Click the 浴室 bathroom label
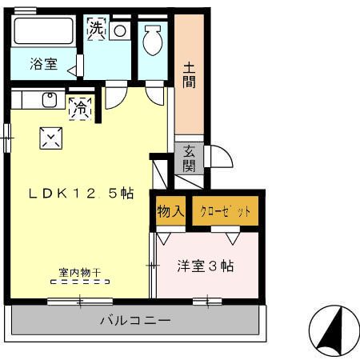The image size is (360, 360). (x=44, y=64)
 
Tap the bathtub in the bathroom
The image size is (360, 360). (x=44, y=31)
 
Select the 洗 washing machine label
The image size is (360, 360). (x=96, y=29)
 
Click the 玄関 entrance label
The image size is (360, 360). (x=189, y=158)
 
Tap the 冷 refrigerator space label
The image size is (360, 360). (x=80, y=109)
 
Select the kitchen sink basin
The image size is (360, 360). (x=49, y=101)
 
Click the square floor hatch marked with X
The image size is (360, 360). (x=50, y=138)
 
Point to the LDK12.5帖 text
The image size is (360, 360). (x=82, y=193)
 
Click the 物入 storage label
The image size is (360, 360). (x=170, y=212)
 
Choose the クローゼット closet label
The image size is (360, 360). (x=226, y=212)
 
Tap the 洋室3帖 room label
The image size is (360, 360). (x=206, y=266)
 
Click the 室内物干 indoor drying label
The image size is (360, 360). (x=79, y=272)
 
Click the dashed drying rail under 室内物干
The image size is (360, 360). (x=79, y=282)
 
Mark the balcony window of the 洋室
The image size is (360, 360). (x=207, y=301)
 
